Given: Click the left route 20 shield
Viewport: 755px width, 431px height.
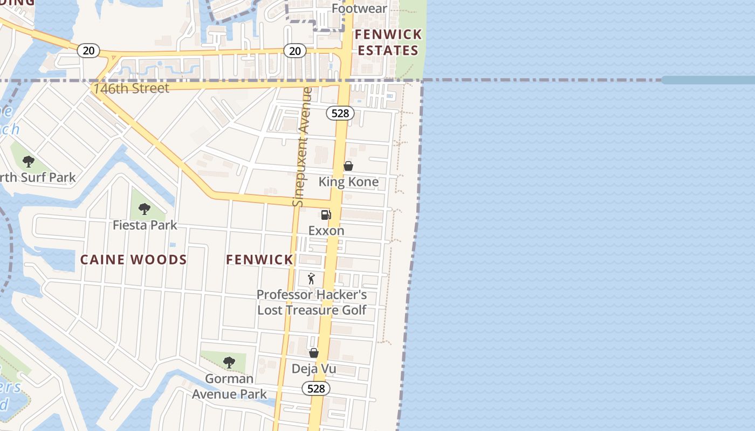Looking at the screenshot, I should click(x=88, y=51).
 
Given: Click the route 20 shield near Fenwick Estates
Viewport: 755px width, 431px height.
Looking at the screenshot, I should click(x=294, y=51).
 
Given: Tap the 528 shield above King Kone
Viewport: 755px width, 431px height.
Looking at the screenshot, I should click(x=340, y=113).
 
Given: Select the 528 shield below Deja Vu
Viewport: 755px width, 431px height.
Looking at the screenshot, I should click(x=315, y=388).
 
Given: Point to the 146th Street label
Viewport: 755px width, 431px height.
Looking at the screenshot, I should click(x=131, y=88).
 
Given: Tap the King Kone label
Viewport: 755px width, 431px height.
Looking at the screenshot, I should click(x=348, y=182).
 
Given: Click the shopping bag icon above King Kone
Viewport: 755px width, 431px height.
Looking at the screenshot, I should click(x=348, y=166).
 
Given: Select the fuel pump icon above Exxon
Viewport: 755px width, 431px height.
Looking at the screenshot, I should click(x=326, y=215).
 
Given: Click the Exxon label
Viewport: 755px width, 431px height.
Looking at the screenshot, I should click(x=326, y=231).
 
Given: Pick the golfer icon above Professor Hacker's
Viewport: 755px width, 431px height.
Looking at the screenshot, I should click(x=311, y=279).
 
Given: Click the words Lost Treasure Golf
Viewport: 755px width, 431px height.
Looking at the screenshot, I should click(x=312, y=310).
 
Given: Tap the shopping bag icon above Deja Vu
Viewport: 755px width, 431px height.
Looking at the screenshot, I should click(x=314, y=353).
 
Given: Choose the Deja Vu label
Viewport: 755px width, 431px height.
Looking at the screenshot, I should click(x=314, y=369).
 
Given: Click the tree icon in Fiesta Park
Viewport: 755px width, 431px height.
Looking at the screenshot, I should click(x=144, y=208).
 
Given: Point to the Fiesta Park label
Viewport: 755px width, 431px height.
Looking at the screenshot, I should click(x=145, y=225).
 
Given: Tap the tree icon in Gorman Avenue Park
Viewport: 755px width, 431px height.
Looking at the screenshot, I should click(x=229, y=362).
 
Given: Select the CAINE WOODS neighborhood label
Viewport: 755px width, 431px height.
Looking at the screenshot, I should click(x=133, y=260).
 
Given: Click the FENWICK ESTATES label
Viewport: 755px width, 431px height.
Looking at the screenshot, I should click(x=388, y=43).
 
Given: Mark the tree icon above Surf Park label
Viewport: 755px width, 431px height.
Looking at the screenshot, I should click(x=29, y=161).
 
